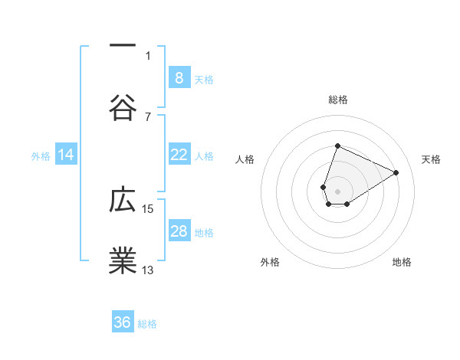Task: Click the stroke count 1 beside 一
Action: click(x=148, y=55)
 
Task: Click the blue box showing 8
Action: click(x=179, y=77)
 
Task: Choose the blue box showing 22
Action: click(x=179, y=155)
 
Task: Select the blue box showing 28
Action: click(x=179, y=231)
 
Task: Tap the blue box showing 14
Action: click(x=66, y=155)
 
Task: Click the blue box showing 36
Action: click(x=123, y=322)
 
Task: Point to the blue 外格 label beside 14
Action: click(x=41, y=156)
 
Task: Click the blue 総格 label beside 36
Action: click(x=147, y=324)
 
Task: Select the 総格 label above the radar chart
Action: click(x=337, y=100)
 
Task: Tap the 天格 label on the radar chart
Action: click(x=431, y=159)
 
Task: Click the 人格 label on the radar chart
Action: click(x=245, y=159)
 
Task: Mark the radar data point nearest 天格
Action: click(x=396, y=172)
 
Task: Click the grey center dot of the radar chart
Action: click(x=337, y=190)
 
